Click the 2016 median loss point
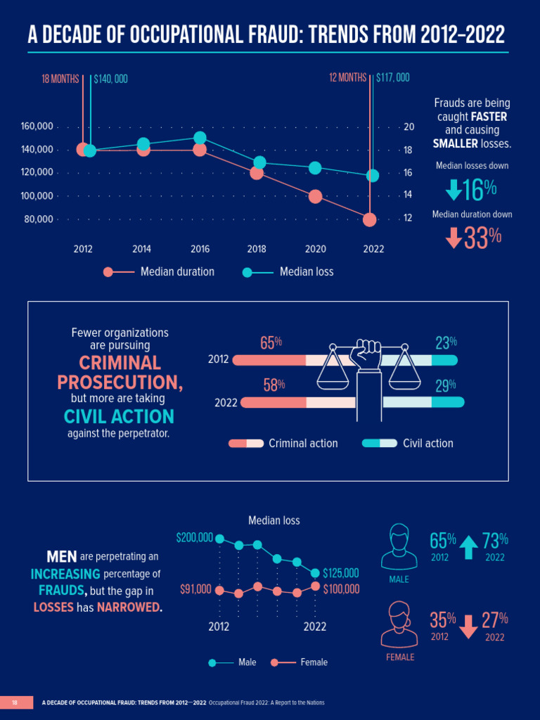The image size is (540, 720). pos(200,138)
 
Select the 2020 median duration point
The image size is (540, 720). pos(314,196)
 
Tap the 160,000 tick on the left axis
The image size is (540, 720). pos(37,127)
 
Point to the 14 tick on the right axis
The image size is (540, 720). pos(408,195)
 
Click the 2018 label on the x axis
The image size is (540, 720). pos(257,248)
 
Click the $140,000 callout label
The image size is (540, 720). pos(110,79)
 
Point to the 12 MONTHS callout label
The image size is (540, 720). pos(347,77)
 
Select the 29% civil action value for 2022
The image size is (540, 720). pos(446,385)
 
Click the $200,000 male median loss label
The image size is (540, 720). pos(194,538)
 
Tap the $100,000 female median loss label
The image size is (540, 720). pos(341,589)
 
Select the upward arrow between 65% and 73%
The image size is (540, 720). pos(468,547)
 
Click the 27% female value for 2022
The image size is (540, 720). pos(494,621)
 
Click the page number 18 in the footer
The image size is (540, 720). pos(15,702)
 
